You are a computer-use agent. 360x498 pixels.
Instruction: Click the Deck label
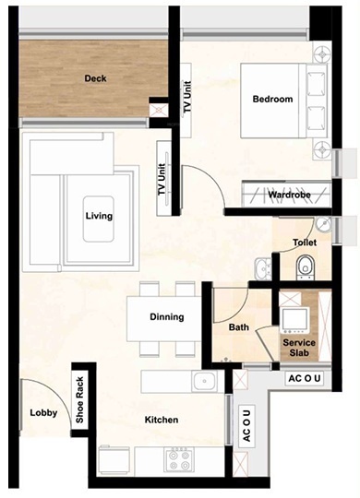coord(95,79)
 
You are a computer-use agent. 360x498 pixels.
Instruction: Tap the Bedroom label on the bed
coord(272,100)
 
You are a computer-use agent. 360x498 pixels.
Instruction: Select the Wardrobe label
coord(287,196)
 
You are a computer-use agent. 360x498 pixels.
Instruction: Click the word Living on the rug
coord(99,217)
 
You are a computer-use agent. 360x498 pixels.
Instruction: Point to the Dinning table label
coord(166,317)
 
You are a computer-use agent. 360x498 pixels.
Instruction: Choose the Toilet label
coord(306,243)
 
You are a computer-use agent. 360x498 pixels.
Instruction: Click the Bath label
coord(238,327)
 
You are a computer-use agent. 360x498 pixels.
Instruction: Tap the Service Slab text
coord(299,349)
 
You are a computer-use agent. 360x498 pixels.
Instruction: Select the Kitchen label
coord(161,421)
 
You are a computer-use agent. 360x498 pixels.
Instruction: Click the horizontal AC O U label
coord(306,378)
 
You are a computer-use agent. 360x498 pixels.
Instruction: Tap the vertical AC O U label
coord(247,425)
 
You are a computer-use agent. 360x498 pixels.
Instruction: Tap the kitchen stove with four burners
coord(176,457)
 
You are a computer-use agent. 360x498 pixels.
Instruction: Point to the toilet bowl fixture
coord(306,268)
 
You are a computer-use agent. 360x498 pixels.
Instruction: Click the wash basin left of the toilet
coord(263,268)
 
